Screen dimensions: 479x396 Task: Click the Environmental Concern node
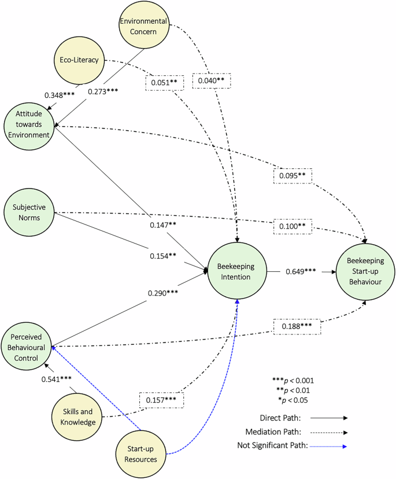[x=143, y=27]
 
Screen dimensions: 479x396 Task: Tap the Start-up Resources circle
[x=142, y=451]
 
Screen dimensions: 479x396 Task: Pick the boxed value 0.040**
[x=212, y=80]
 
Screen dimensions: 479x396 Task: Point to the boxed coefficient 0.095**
[x=293, y=175]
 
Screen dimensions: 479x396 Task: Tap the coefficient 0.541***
[x=56, y=379]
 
